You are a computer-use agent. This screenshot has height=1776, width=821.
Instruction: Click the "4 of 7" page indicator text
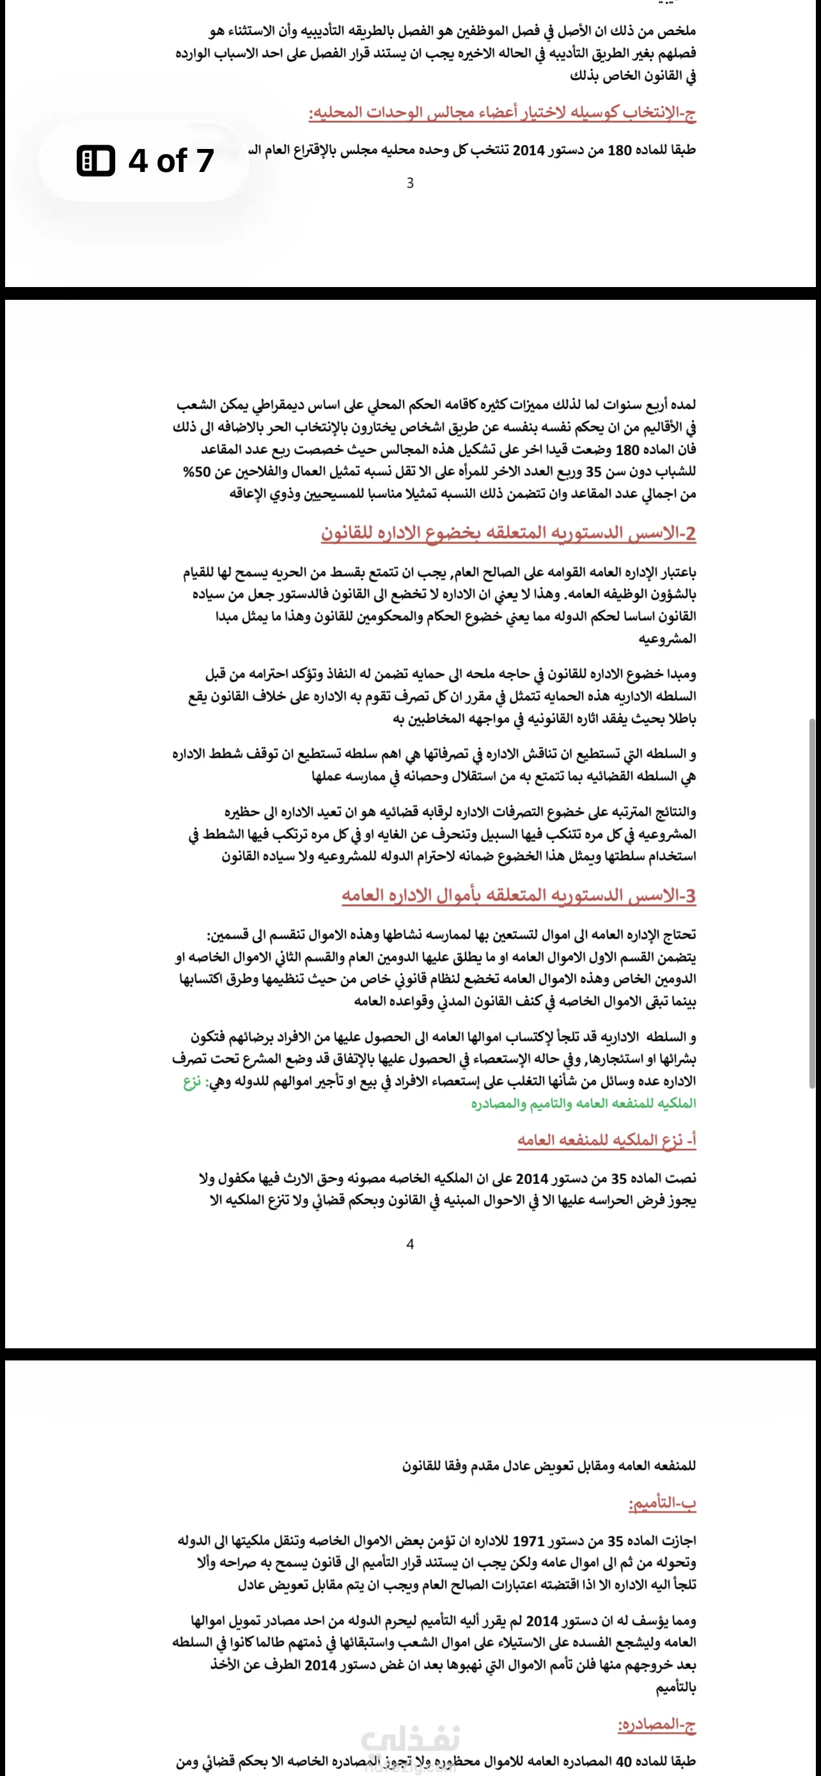pyautogui.click(x=171, y=160)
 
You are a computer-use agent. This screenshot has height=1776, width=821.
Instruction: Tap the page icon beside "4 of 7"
pyautogui.click(x=95, y=160)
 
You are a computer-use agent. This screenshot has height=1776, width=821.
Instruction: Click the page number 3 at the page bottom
pyautogui.click(x=410, y=183)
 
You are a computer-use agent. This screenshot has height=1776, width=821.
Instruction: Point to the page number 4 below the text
pyautogui.click(x=410, y=1243)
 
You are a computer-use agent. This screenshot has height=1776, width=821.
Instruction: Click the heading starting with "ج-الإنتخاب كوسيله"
pyautogui.click(x=502, y=113)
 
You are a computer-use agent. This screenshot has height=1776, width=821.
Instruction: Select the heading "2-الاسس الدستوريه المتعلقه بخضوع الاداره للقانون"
pyautogui.click(x=508, y=533)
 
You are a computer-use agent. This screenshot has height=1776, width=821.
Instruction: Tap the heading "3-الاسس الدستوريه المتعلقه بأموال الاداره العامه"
pyautogui.click(x=519, y=896)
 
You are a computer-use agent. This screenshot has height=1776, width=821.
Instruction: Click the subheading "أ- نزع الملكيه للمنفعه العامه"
pyautogui.click(x=607, y=1141)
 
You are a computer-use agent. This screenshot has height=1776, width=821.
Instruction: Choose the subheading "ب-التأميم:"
pyautogui.click(x=662, y=1504)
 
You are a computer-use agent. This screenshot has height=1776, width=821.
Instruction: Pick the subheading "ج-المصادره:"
pyautogui.click(x=656, y=1724)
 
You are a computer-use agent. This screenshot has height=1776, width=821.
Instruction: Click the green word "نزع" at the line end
pyautogui.click(x=192, y=1081)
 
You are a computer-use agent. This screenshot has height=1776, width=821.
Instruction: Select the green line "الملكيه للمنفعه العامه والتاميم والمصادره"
pyautogui.click(x=583, y=1103)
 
